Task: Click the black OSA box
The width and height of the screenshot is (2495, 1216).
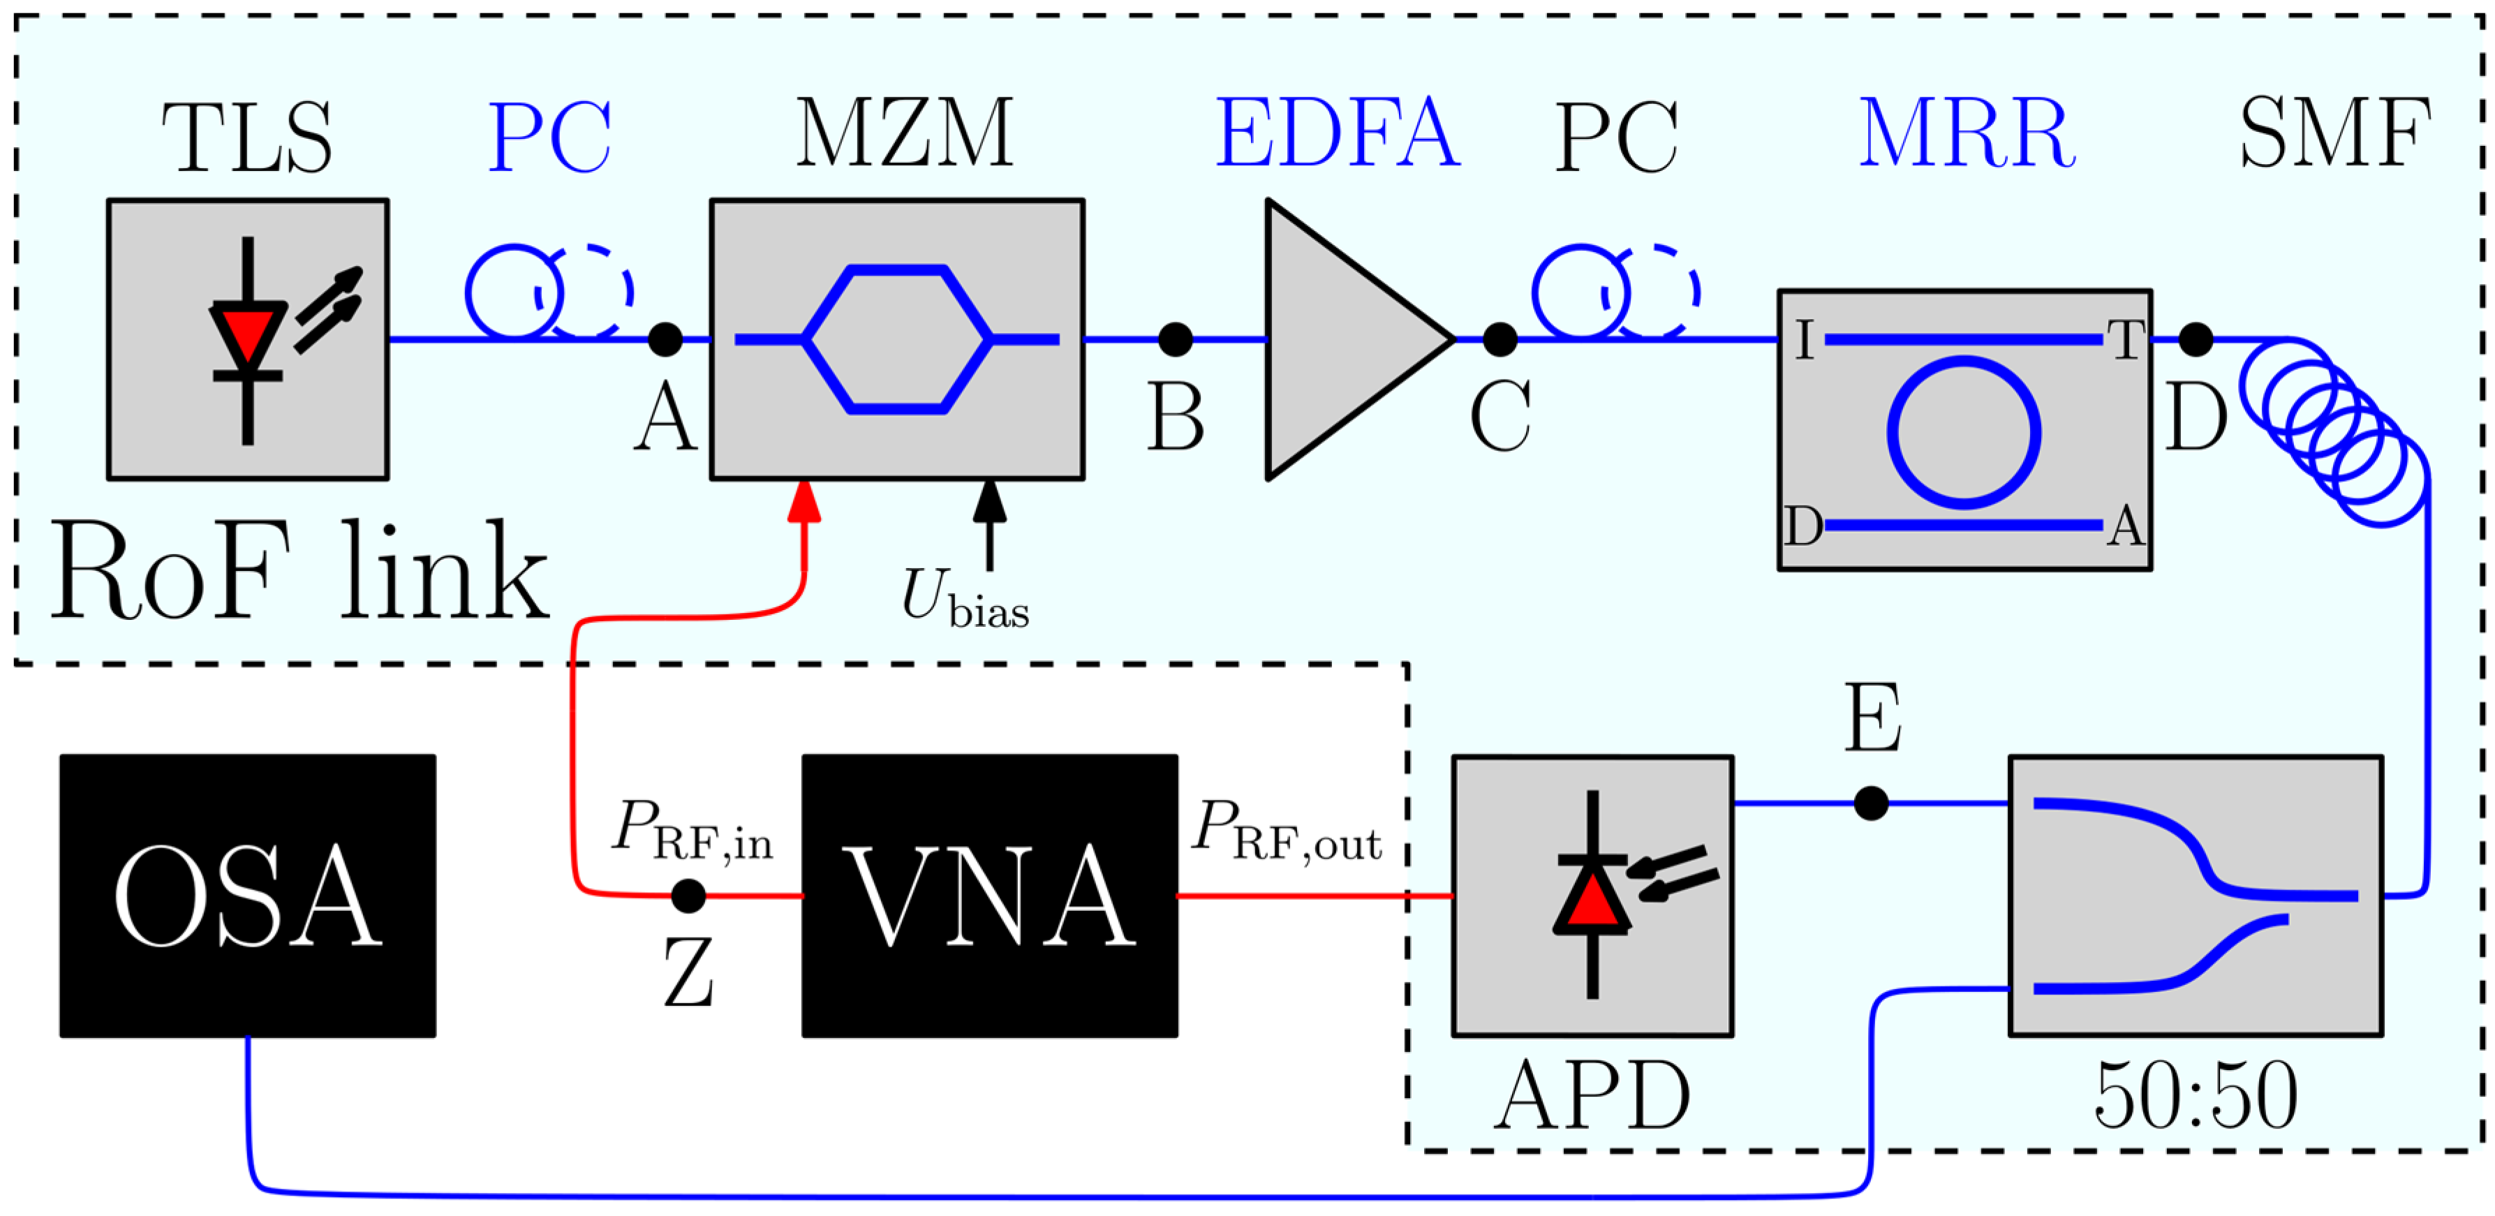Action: click(247, 896)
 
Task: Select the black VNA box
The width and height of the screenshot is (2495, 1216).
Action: click(989, 896)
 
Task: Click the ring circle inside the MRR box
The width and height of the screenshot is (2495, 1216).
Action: click(1963, 432)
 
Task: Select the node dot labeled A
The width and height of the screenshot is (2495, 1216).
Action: click(665, 339)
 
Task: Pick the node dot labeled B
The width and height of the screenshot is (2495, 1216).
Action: click(1175, 339)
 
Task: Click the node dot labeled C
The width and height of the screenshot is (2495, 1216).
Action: click(1500, 339)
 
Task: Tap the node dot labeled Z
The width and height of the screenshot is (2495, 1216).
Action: click(688, 896)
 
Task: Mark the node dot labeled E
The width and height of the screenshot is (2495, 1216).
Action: click(1870, 803)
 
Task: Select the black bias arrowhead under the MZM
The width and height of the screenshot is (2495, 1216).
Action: click(989, 501)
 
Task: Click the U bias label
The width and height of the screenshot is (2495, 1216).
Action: click(963, 598)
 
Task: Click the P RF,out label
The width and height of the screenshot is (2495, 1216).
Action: click(1285, 831)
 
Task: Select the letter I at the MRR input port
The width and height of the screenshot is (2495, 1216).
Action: click(1803, 340)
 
